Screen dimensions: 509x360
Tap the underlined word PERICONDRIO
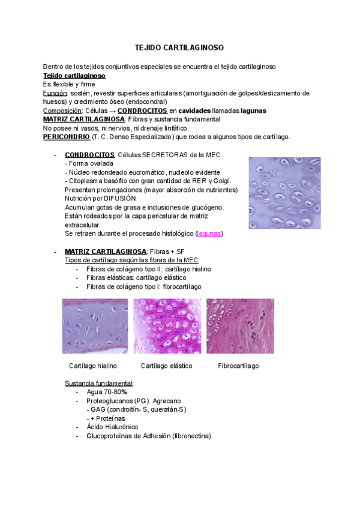(x=66, y=137)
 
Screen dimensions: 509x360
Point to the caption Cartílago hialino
(x=93, y=366)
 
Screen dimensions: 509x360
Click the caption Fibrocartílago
(x=238, y=366)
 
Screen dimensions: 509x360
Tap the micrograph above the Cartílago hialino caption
(x=95, y=326)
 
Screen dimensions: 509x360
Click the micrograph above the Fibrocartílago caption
(x=240, y=326)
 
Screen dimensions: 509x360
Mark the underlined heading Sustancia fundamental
(x=99, y=383)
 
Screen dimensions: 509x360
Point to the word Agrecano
(x=167, y=401)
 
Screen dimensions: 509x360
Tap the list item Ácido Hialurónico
(x=112, y=427)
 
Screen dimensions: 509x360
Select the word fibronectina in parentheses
(x=191, y=436)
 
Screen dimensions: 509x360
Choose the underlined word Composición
(x=62, y=111)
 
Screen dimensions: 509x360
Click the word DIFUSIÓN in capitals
(x=119, y=198)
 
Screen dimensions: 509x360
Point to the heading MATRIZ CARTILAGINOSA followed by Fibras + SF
(x=105, y=251)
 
